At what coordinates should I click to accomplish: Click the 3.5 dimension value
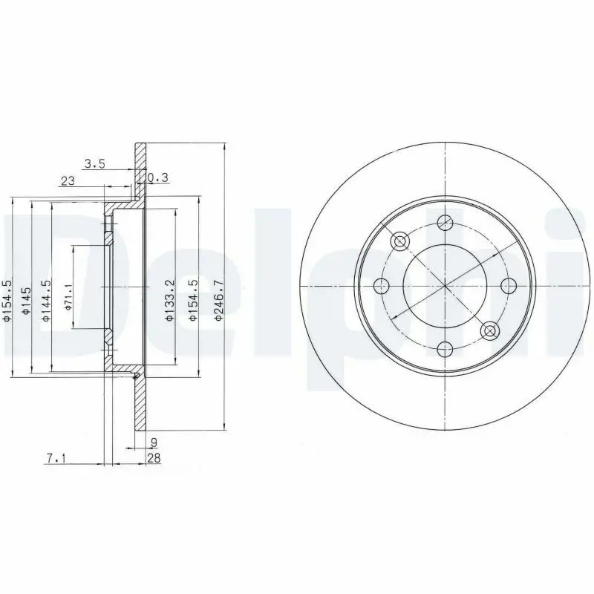[x=94, y=164]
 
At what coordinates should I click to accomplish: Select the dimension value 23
[x=68, y=180]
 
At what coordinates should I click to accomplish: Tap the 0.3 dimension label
[x=157, y=177]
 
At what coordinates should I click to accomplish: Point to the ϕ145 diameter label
[x=27, y=301]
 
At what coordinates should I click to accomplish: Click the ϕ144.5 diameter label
[x=46, y=301]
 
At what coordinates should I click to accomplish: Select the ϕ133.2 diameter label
[x=170, y=301]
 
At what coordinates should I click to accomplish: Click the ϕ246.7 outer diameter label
[x=219, y=301]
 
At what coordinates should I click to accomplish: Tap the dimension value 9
[x=154, y=442]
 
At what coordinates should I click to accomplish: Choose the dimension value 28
[x=154, y=458]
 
